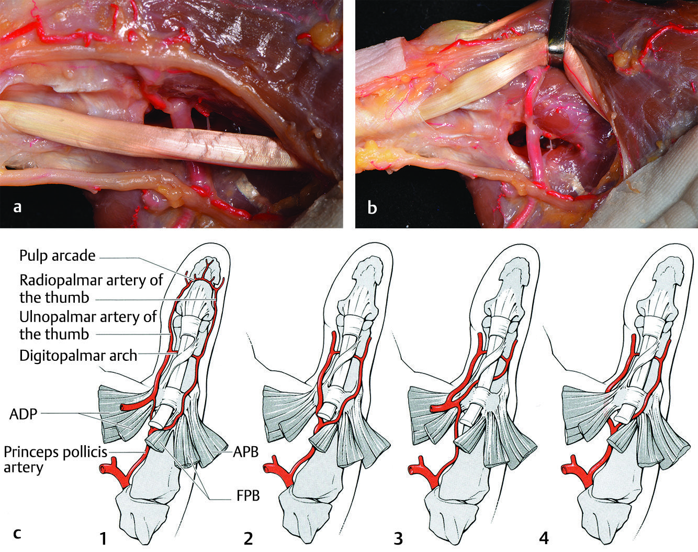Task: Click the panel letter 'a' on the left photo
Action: [x=17, y=207]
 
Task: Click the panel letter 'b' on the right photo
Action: [x=372, y=208]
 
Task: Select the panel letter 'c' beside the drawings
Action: [x=17, y=534]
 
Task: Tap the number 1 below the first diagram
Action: [x=104, y=538]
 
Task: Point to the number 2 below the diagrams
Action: [x=248, y=538]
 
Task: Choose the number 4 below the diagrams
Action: [x=544, y=538]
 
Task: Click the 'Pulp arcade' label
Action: [x=58, y=256]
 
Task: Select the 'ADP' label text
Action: [x=22, y=414]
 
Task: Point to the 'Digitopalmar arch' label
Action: [x=78, y=356]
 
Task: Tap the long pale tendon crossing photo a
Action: [x=147, y=137]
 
